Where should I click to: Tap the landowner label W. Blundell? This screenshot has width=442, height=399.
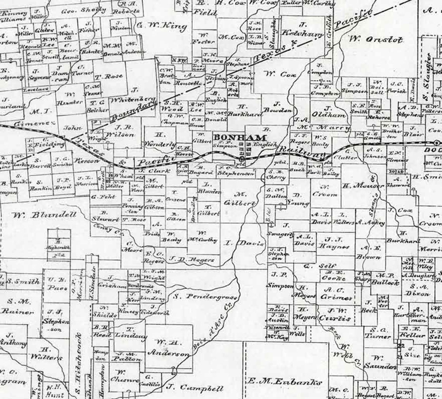43,215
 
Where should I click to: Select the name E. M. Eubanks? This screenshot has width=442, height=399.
285,382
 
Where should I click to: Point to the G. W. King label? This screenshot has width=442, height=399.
162,26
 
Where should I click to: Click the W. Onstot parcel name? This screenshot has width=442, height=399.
376,39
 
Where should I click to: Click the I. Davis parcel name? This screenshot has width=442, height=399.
245,244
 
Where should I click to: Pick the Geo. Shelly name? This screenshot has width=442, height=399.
84,10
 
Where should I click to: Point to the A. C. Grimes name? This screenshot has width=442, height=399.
337,294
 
